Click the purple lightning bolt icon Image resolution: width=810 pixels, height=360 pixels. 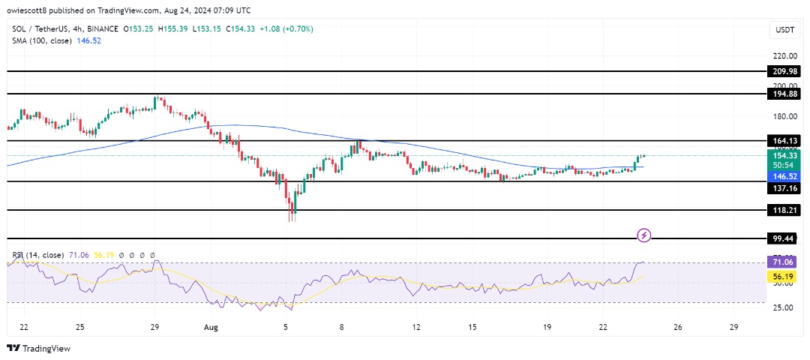pos(643,235)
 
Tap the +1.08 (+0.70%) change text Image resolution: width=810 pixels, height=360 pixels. pos(289,28)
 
